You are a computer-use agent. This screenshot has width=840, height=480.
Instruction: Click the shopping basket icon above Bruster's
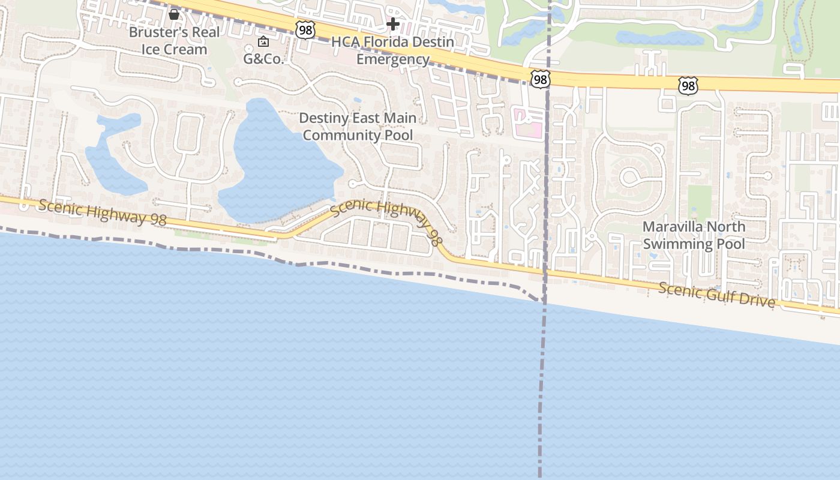pyautogui.click(x=174, y=14)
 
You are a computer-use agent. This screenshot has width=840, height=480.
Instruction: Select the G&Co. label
pyautogui.click(x=263, y=59)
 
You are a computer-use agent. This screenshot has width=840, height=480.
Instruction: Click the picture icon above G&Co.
pyautogui.click(x=263, y=41)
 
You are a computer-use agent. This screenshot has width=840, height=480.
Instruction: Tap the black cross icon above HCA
pyautogui.click(x=393, y=24)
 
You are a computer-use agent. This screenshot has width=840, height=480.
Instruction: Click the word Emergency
pyautogui.click(x=393, y=59)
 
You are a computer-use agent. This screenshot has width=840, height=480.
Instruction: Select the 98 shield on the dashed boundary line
pyautogui.click(x=540, y=78)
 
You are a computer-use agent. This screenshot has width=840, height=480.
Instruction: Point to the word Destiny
pyautogui.click(x=323, y=118)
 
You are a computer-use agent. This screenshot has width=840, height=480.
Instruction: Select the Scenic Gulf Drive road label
pyautogui.click(x=716, y=294)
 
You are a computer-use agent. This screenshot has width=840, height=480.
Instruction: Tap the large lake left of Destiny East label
pyautogui.click(x=273, y=162)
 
